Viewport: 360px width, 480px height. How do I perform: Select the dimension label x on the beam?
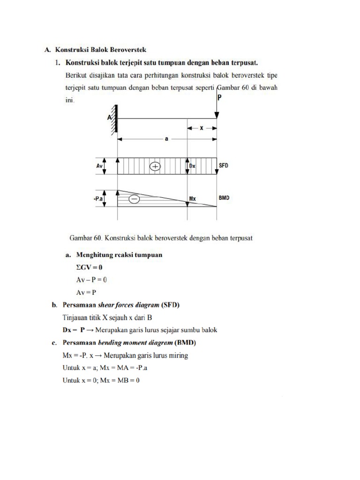202,127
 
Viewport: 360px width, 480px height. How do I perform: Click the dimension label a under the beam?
166,145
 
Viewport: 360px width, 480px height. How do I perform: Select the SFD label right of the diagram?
225,166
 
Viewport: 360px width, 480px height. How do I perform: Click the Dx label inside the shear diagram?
192,166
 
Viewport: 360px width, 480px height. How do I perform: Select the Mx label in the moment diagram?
192,199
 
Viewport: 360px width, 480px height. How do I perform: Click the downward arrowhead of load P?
217,116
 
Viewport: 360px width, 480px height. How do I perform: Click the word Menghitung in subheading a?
90,255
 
